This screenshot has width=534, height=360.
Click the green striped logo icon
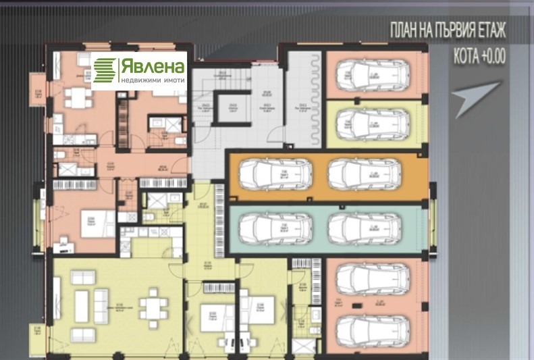tap(105, 71)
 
